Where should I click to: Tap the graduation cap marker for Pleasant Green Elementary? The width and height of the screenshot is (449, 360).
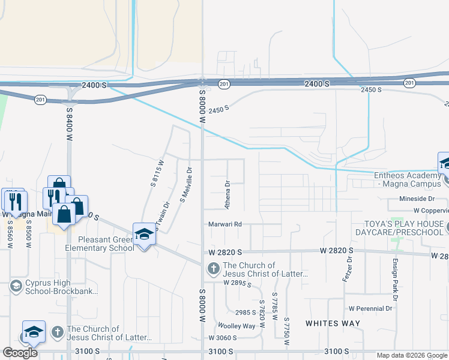tap(144, 235)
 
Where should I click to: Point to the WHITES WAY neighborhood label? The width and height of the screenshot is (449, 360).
tap(333, 323)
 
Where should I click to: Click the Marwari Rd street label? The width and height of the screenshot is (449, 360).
tap(225, 224)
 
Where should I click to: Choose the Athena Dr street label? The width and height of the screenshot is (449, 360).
tap(228, 195)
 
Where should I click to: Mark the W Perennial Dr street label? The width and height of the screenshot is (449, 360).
tap(370, 308)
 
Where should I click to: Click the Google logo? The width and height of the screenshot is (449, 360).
tap(20, 353)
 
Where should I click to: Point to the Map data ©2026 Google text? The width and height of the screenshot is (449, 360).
tap(411, 355)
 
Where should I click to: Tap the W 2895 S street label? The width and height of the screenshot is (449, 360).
tap(235, 282)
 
